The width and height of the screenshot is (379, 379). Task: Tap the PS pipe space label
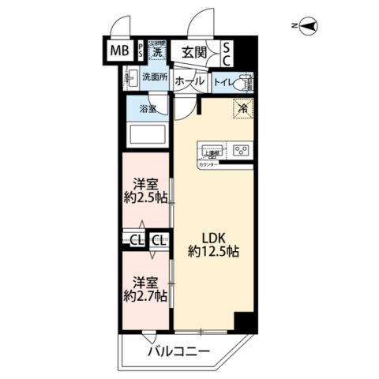(x=141, y=52)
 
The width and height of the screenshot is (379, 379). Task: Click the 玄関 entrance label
(x=193, y=53)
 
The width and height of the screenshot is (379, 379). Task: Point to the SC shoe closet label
(x=227, y=53)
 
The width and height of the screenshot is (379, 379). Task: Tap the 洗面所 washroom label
(x=154, y=77)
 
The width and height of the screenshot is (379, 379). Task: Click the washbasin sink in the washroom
(x=132, y=78)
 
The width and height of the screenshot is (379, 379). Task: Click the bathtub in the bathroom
(x=148, y=134)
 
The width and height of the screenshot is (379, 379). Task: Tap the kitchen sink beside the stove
(x=209, y=149)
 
